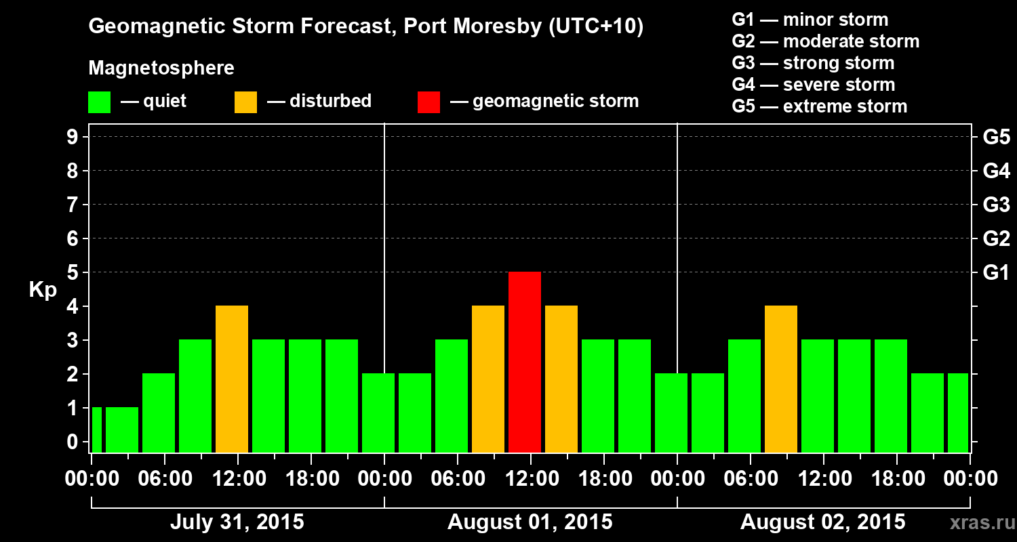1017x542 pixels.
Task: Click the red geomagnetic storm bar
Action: [x=525, y=362]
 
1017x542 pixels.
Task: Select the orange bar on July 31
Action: [x=232, y=379]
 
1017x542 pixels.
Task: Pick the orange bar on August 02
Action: [x=781, y=379]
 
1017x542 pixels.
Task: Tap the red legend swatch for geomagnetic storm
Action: [x=428, y=102]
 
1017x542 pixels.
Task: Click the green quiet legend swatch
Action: [x=99, y=102]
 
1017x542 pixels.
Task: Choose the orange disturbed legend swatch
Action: [x=245, y=102]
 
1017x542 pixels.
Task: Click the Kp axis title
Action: [x=43, y=290]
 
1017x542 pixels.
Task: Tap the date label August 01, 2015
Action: [x=530, y=522]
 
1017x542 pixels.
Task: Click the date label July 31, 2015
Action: [x=237, y=522]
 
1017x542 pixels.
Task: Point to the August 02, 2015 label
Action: [x=822, y=522]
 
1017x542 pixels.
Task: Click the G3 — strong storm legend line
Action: [x=813, y=63]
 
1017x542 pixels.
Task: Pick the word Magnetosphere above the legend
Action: [x=161, y=68]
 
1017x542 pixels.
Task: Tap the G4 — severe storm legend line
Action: [x=813, y=85]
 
